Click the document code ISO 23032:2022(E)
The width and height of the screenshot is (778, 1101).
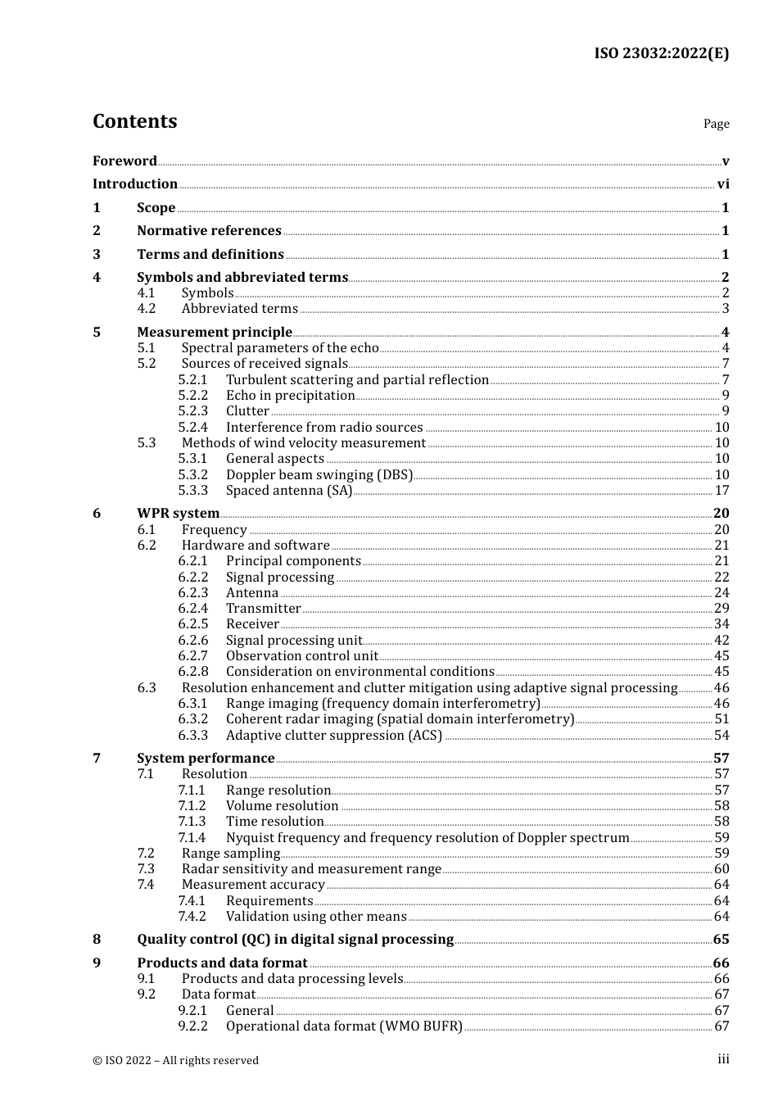click(661, 53)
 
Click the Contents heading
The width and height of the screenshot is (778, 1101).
click(134, 121)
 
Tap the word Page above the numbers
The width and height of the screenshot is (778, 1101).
click(716, 124)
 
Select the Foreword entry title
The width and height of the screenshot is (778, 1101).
click(124, 161)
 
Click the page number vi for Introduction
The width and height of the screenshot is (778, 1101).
click(723, 184)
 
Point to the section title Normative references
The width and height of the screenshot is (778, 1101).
click(209, 231)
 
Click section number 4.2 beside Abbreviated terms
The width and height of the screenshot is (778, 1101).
click(146, 309)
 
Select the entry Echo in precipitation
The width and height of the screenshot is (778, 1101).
click(290, 396)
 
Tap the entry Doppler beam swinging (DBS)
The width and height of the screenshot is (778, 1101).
click(319, 475)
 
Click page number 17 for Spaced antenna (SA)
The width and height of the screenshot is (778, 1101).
click(721, 491)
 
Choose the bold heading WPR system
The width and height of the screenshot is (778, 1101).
click(178, 514)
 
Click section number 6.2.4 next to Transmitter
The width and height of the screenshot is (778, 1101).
click(192, 609)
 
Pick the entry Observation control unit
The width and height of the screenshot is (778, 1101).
click(301, 656)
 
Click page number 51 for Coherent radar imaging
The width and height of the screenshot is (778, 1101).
click(721, 719)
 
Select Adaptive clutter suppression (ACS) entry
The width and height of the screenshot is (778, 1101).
click(333, 736)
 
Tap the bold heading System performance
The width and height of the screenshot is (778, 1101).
click(206, 759)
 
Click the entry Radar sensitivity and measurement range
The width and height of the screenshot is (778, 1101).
click(311, 869)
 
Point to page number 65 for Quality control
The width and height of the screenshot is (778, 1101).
click(721, 940)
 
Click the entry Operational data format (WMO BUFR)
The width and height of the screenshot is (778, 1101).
click(344, 1026)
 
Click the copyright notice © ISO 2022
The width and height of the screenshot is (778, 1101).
click(175, 1060)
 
